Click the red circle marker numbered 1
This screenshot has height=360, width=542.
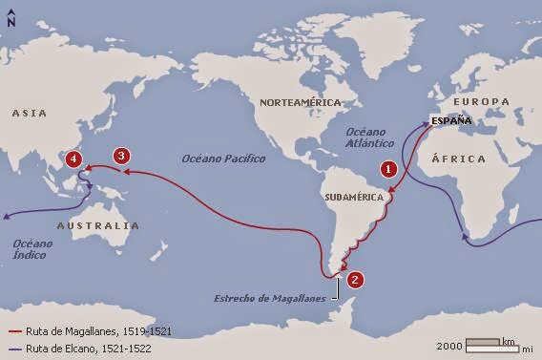pyautogui.click(x=387, y=168)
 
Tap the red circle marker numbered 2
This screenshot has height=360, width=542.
pyautogui.click(x=355, y=280)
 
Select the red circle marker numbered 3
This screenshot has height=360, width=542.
pyautogui.click(x=120, y=156)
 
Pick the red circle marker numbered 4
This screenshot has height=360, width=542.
pyautogui.click(x=74, y=159)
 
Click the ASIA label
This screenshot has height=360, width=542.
pyautogui.click(x=30, y=113)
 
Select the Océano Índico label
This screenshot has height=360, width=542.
pyautogui.click(x=34, y=249)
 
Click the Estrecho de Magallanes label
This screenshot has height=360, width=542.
pyautogui.click(x=268, y=297)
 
